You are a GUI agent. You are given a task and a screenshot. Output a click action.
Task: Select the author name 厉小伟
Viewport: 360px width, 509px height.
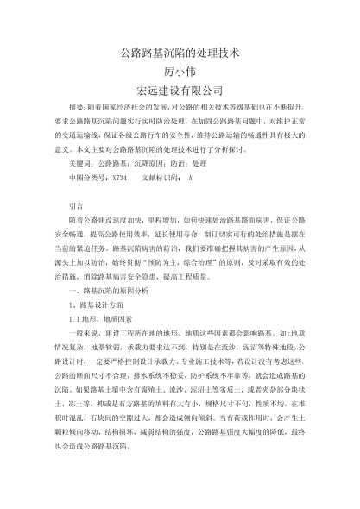180,71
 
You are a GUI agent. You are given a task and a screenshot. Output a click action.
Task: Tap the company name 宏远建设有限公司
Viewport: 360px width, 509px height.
180,90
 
